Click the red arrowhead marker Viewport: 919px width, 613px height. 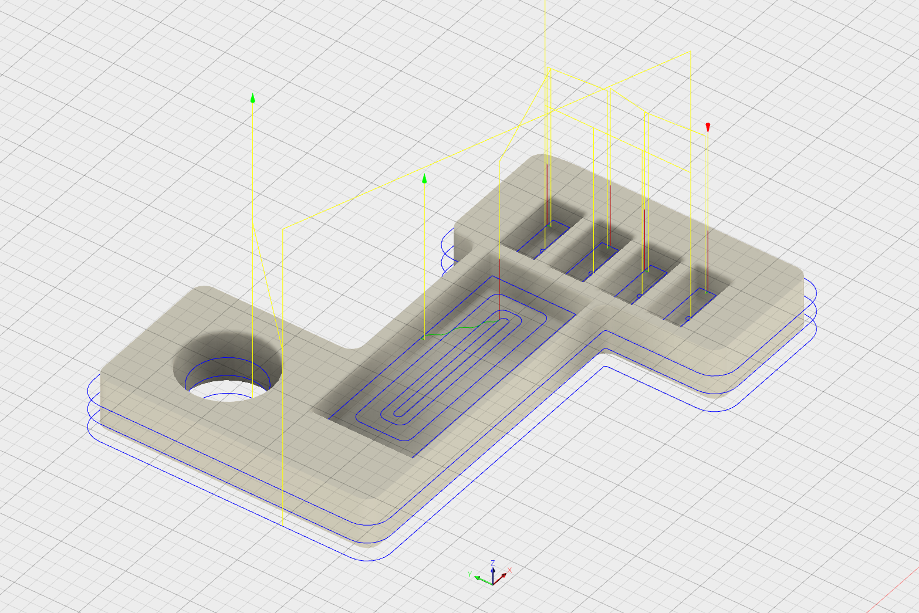tap(708, 127)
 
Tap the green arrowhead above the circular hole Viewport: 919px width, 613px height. tap(253, 97)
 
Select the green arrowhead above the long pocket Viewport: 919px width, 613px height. tap(424, 178)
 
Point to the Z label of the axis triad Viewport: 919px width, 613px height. tap(493, 563)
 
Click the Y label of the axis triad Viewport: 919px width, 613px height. tap(469, 574)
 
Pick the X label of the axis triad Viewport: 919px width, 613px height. tap(509, 570)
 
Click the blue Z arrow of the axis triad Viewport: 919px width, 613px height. tap(493, 575)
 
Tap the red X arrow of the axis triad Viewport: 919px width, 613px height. tap(500, 579)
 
